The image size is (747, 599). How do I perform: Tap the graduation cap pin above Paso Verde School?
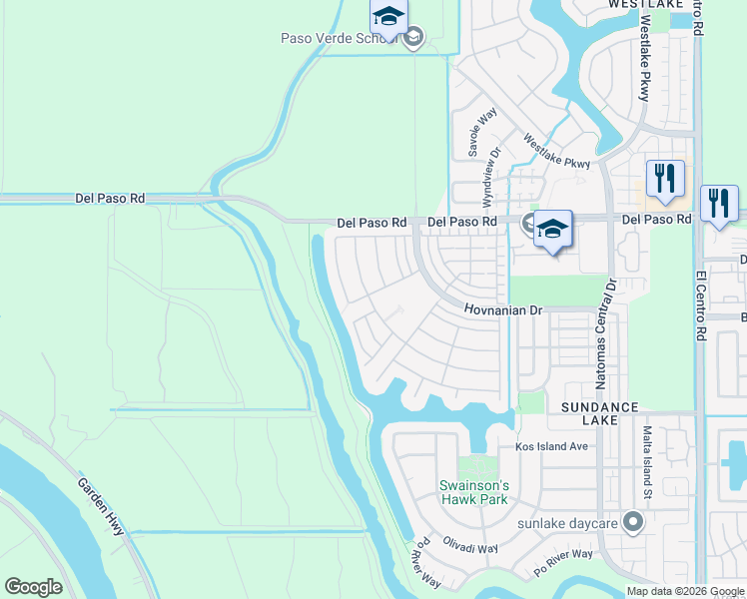pyautogui.click(x=388, y=16)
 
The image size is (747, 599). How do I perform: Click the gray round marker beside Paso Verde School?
pyautogui.click(x=413, y=38)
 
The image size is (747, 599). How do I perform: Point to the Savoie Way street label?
pyautogui.click(x=476, y=133)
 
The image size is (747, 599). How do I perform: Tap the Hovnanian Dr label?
pyautogui.click(x=502, y=310)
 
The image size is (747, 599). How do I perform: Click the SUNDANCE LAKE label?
pyautogui.click(x=599, y=414)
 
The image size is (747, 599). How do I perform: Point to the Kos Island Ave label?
pyautogui.click(x=551, y=446)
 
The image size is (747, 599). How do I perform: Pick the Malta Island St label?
pyautogui.click(x=647, y=462)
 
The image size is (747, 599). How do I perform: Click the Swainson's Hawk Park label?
pyautogui.click(x=474, y=492)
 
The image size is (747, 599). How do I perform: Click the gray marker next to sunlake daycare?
pyautogui.click(x=632, y=522)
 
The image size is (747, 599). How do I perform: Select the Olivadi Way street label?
pyautogui.click(x=472, y=548)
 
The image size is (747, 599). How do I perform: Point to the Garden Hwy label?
pyautogui.click(x=102, y=506)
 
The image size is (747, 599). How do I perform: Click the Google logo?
pyautogui.click(x=33, y=587)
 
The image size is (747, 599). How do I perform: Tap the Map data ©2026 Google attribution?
pyautogui.click(x=685, y=591)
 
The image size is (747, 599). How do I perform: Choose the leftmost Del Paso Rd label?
pyautogui.click(x=110, y=199)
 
